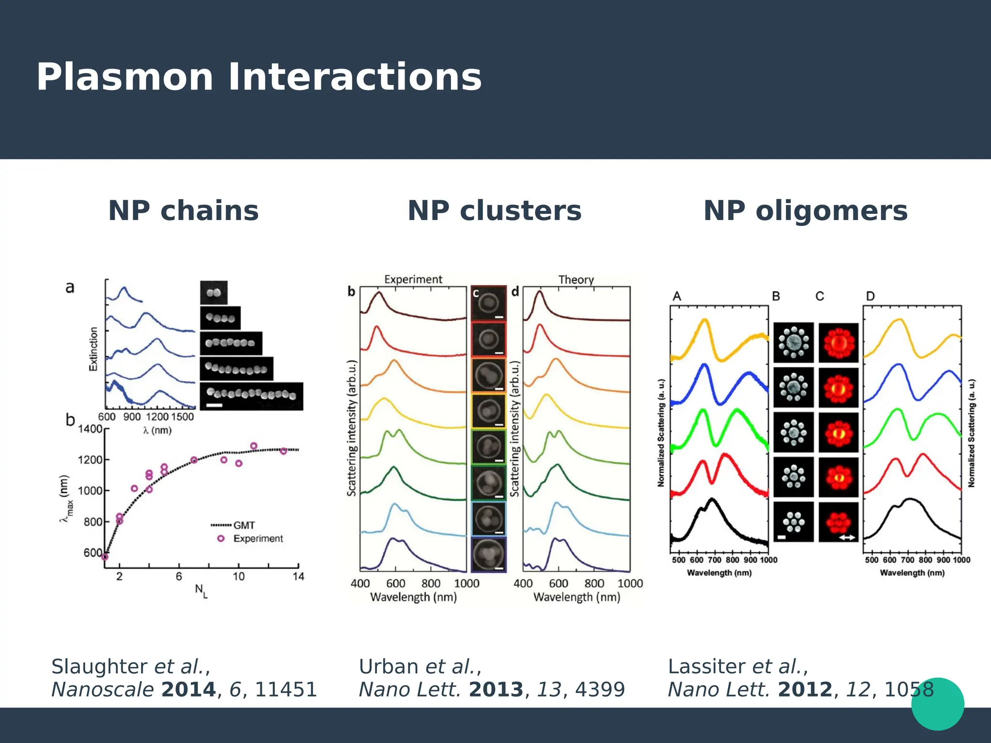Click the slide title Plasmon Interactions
coord(259,77)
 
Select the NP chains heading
coord(183,211)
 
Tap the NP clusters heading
coord(495,211)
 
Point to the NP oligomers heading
coord(806,211)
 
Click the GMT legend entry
coord(243,525)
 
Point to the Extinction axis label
coord(93,349)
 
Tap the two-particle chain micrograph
coord(214,293)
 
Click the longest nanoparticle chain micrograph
coord(251,396)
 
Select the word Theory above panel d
coord(576,280)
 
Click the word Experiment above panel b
coord(413,279)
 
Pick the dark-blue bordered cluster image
coord(489,555)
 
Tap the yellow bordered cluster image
coord(489,411)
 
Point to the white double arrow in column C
coord(847,537)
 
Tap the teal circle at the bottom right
coord(937,704)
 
